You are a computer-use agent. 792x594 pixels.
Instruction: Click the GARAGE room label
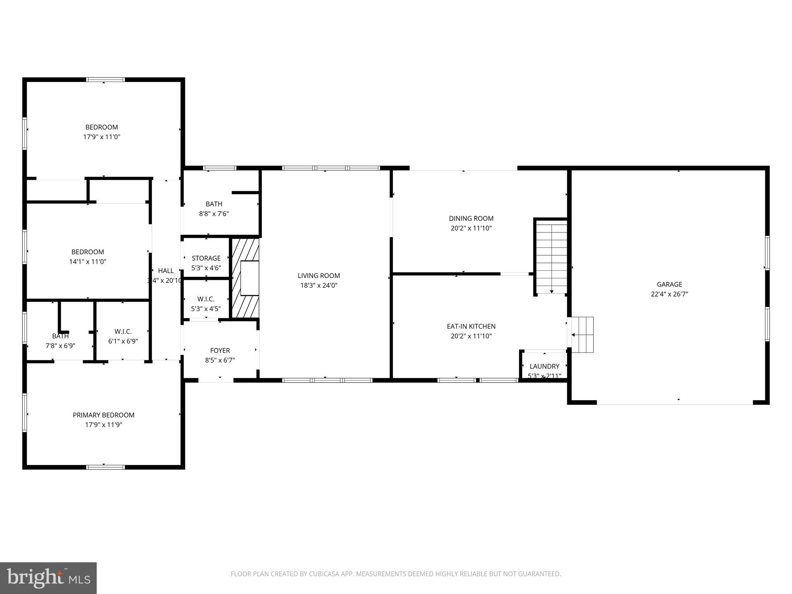tap(669, 284)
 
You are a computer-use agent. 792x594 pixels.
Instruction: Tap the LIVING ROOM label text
tap(319, 276)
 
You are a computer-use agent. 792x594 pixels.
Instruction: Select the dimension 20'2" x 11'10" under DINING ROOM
tap(471, 228)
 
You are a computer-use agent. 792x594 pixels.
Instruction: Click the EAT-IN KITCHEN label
tap(471, 326)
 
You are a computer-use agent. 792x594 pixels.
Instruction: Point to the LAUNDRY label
tap(544, 366)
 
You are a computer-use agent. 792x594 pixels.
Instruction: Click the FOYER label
tap(220, 350)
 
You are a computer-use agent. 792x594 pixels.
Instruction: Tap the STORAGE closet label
tap(206, 258)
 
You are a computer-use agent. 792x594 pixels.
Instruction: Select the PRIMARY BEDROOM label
tap(104, 415)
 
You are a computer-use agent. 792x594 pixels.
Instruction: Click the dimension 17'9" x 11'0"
tap(102, 137)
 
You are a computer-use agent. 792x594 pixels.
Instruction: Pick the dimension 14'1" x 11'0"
tap(88, 262)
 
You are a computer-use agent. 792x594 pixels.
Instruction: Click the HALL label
tap(166, 271)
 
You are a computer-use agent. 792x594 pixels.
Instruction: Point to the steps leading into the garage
tap(582, 335)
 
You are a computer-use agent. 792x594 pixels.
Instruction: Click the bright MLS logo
tap(48, 578)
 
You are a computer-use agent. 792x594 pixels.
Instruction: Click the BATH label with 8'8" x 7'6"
tap(214, 204)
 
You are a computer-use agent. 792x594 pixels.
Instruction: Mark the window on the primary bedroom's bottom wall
tap(105, 467)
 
